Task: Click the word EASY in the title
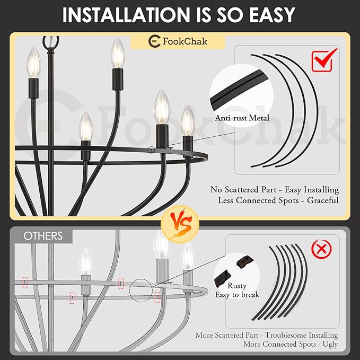coord(272,15)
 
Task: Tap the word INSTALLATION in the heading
coord(126,15)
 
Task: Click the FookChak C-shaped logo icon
coord(154,41)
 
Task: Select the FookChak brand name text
coord(185,41)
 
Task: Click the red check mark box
coord(324,60)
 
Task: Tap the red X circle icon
coord(322,249)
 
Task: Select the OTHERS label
coord(43,236)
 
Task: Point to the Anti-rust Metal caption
coord(242,118)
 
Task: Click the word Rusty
coord(237,286)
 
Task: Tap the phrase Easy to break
coord(237,295)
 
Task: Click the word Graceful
coord(323,200)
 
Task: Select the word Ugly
coord(330,345)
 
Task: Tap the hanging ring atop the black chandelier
coord(51,42)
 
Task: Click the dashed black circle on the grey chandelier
coord(141,290)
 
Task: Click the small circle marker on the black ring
coord(151,150)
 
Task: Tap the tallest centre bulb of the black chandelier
coord(118,53)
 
